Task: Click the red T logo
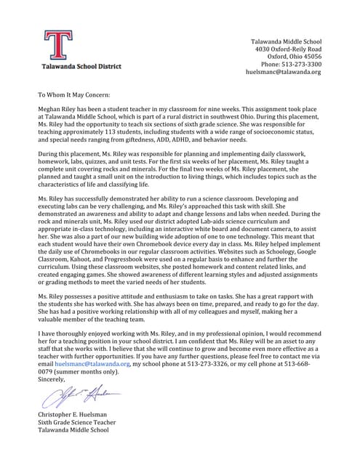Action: click(57, 44)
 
